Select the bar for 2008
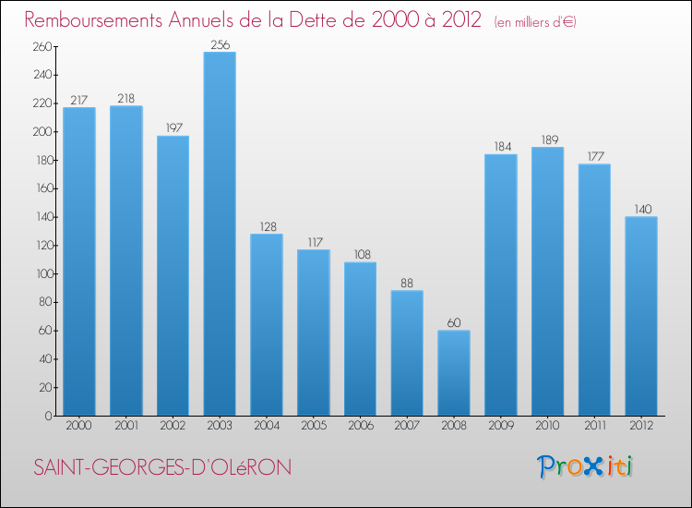point(454,373)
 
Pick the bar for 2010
point(547,281)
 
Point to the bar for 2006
point(360,339)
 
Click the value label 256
point(220,43)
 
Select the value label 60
point(454,322)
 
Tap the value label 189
point(547,139)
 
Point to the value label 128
point(267,226)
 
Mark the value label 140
point(641,209)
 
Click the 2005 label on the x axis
point(313,427)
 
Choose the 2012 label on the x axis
point(641,427)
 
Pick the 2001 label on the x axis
point(125,427)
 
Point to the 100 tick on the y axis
point(42,274)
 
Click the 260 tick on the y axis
point(42,47)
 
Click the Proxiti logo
point(585,466)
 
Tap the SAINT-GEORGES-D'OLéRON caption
point(162,468)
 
